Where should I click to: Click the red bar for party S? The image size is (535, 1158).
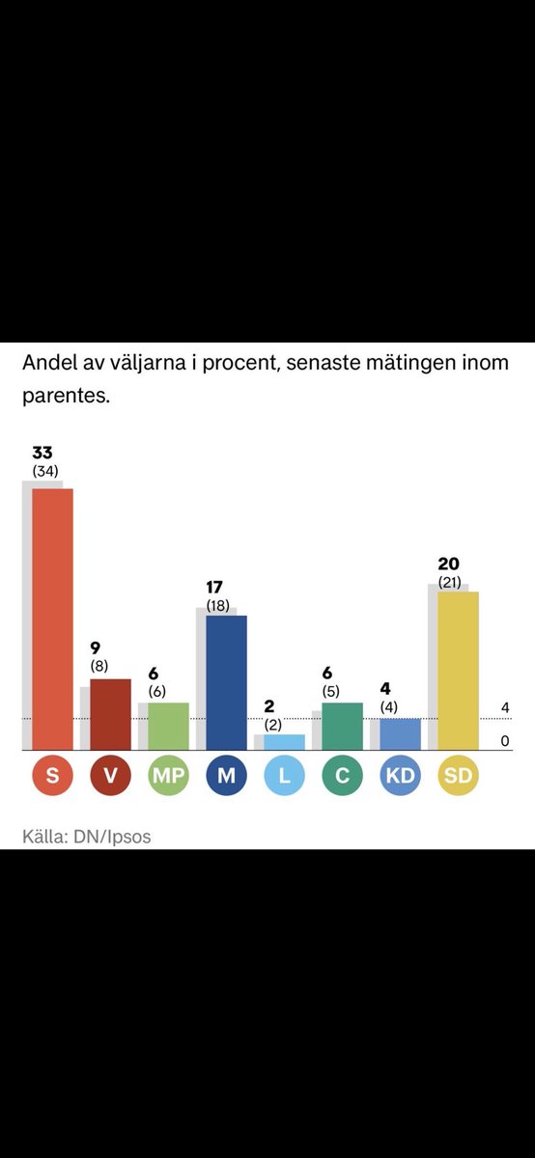pyautogui.click(x=52, y=618)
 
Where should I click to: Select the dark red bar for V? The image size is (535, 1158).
pyautogui.click(x=110, y=714)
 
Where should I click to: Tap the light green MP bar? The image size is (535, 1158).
pyautogui.click(x=168, y=726)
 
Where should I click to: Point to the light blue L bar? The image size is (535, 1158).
pyautogui.click(x=284, y=742)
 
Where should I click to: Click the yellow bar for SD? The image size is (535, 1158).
pyautogui.click(x=458, y=671)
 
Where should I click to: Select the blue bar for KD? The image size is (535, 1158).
pyautogui.click(x=400, y=734)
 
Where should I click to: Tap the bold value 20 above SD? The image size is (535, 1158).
pyautogui.click(x=448, y=565)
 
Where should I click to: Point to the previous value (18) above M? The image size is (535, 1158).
pyautogui.click(x=216, y=604)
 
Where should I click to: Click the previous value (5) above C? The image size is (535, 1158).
pyautogui.click(x=331, y=691)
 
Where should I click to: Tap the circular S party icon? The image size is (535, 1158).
pyautogui.click(x=52, y=775)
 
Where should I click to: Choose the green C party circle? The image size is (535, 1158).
pyautogui.click(x=342, y=775)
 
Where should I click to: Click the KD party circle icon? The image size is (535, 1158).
pyautogui.click(x=400, y=775)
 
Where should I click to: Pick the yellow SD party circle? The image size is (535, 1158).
pyautogui.click(x=458, y=775)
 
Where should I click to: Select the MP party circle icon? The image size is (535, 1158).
pyautogui.click(x=168, y=775)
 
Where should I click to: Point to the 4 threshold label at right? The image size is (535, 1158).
pyautogui.click(x=505, y=708)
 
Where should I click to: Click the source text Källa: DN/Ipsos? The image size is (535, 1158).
pyautogui.click(x=87, y=837)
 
